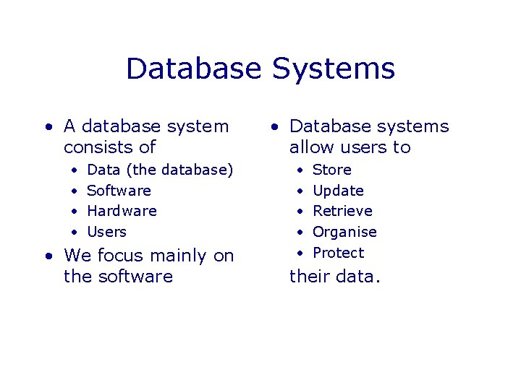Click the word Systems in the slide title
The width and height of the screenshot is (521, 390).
(334, 69)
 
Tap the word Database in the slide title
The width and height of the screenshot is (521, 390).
(194, 69)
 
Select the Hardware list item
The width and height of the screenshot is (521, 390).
(122, 211)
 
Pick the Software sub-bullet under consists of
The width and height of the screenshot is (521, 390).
(119, 191)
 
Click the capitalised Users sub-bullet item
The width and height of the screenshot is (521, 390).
(106, 232)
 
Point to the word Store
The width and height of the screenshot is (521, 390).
(331, 170)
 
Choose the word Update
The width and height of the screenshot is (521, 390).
(338, 191)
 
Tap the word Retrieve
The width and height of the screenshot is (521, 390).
(342, 211)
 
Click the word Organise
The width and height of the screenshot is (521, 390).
(344, 232)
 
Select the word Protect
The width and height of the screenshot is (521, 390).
(338, 253)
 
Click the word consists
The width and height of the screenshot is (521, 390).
(92, 147)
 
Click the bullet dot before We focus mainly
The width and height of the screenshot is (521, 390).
(48, 256)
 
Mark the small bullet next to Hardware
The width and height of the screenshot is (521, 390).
(75, 212)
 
